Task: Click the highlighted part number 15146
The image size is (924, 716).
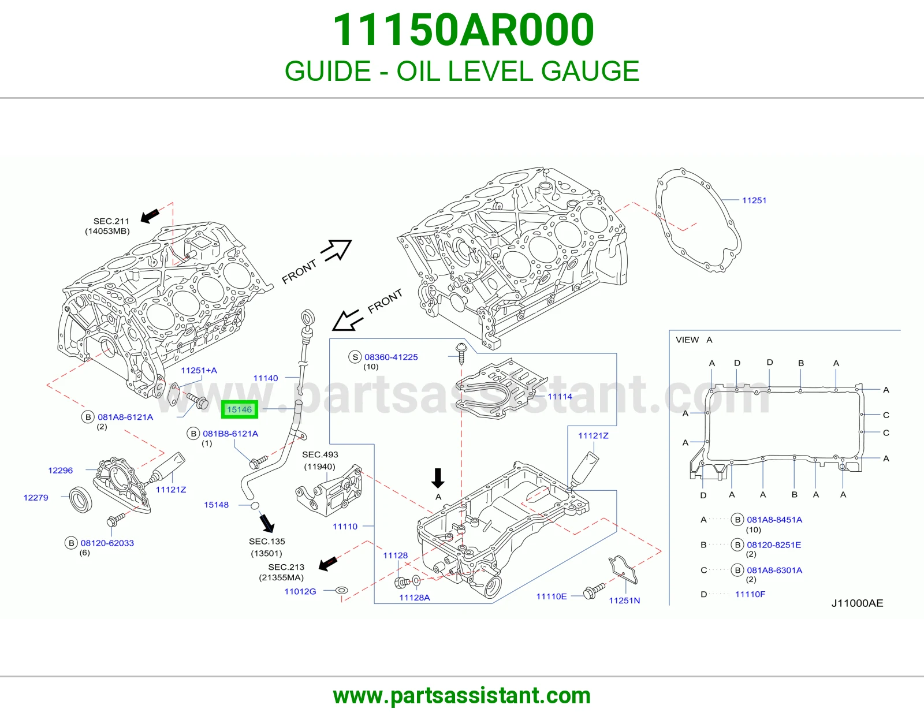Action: (x=240, y=409)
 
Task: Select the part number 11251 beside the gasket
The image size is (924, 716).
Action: (x=754, y=200)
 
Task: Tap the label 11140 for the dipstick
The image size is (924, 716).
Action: (x=265, y=378)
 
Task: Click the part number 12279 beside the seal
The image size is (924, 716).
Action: (x=36, y=498)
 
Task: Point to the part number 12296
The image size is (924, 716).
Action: (x=61, y=470)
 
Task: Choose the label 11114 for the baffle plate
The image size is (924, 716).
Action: (x=560, y=396)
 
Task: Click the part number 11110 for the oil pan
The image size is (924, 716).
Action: (x=345, y=527)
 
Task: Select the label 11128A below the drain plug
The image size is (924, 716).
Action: (x=414, y=598)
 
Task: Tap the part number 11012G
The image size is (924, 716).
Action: (x=300, y=591)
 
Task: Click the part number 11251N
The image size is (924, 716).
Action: (x=624, y=601)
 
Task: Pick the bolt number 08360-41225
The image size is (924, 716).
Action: (x=391, y=357)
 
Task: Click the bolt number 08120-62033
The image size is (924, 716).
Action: (x=107, y=543)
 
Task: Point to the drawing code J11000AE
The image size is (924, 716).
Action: (x=857, y=603)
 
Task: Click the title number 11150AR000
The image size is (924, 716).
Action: (x=463, y=30)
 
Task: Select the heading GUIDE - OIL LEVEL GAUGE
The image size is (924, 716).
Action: (x=462, y=70)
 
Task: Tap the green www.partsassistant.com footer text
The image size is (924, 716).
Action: (x=462, y=696)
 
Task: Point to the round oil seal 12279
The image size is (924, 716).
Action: (x=80, y=499)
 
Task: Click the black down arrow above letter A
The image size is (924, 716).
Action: (x=438, y=478)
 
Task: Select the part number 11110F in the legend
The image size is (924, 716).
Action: (x=750, y=594)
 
